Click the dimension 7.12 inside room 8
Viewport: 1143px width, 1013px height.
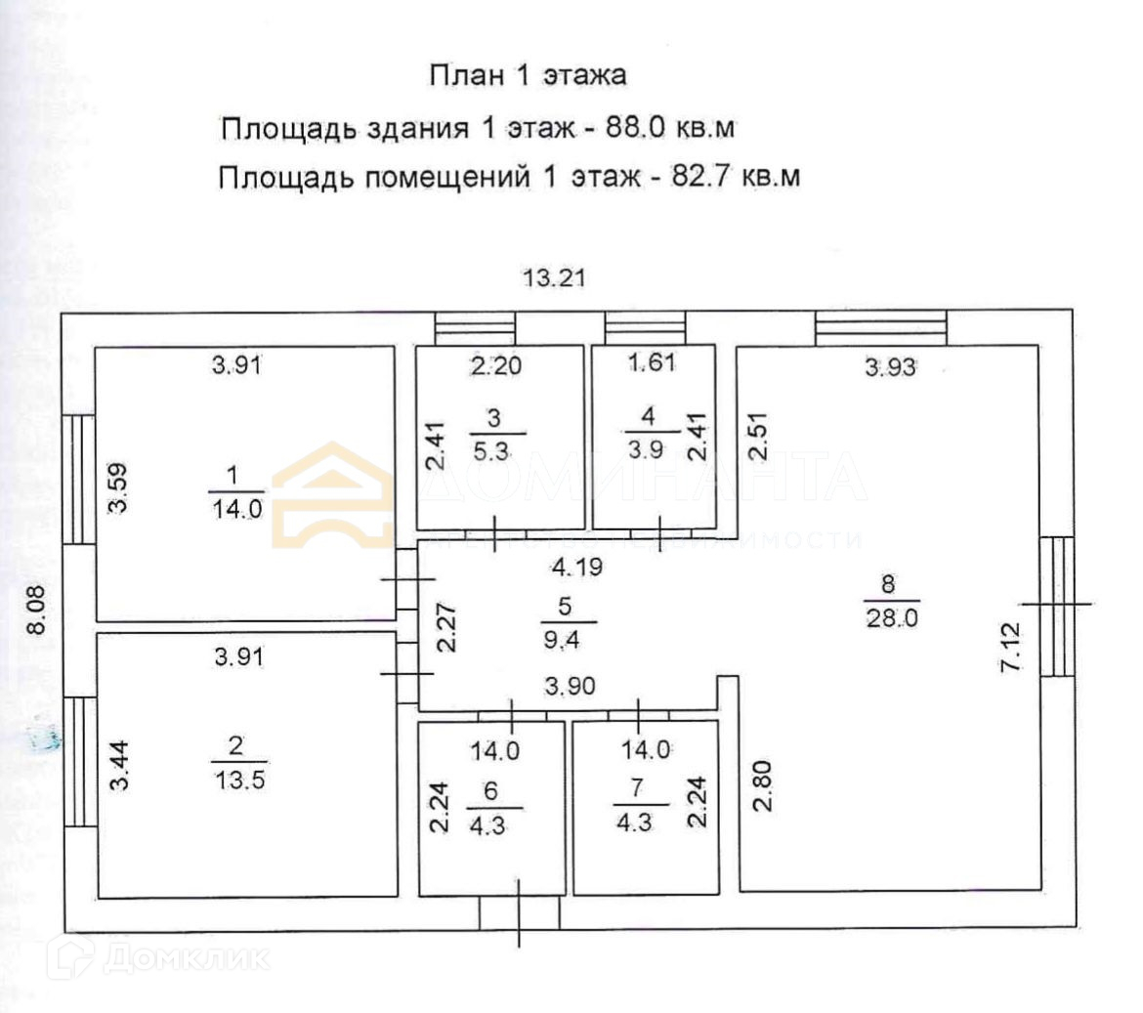click(1010, 646)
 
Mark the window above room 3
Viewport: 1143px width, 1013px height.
click(475, 327)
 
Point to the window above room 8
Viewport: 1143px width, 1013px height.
click(880, 327)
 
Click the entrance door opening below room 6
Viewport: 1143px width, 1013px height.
click(519, 913)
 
